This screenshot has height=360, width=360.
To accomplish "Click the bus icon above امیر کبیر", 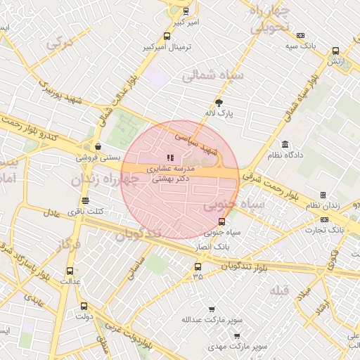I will [x=186, y=11].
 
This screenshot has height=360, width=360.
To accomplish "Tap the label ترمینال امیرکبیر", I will [x=167, y=47].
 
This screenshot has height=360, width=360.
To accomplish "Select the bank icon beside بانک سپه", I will [x=301, y=35].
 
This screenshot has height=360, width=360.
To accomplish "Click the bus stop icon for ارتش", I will [x=335, y=51].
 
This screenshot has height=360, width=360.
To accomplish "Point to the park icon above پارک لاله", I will [x=227, y=102].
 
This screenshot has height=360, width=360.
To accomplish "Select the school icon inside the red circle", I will [x=169, y=157].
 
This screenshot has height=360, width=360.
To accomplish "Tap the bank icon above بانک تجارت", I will [x=323, y=219].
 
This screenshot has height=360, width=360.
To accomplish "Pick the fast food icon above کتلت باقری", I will [x=85, y=200].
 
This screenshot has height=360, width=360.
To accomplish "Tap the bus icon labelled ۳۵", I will [x=197, y=266].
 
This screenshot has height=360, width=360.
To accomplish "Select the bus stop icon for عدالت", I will [x=70, y=271].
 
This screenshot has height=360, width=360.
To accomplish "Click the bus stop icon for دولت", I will [x=84, y=306].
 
